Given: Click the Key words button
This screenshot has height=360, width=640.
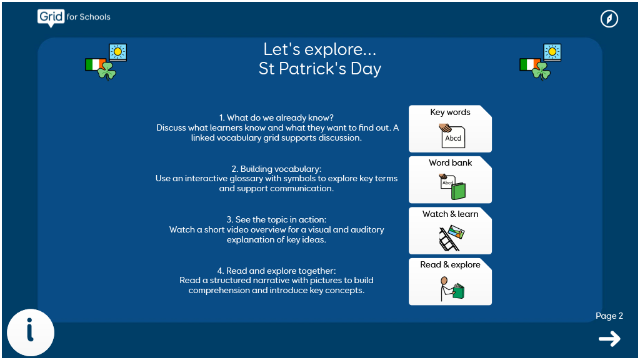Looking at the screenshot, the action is click(x=450, y=129).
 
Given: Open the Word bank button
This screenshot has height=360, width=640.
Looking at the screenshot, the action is click(x=450, y=179).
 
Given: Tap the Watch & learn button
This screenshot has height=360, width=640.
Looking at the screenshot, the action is click(x=450, y=231).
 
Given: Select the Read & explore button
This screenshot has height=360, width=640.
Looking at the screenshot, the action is click(x=450, y=282).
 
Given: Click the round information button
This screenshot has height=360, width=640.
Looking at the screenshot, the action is click(x=31, y=332).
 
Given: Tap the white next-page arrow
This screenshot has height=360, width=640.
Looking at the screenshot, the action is click(x=609, y=339).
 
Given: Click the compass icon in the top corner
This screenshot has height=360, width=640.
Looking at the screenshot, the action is click(x=609, y=19).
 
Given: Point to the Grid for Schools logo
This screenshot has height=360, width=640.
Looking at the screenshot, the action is click(x=74, y=18).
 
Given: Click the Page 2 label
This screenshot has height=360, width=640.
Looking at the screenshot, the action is click(x=609, y=316).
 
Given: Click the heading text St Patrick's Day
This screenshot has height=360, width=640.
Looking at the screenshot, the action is click(x=320, y=69).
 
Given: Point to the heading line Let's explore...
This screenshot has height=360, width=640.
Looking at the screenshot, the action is click(x=320, y=49).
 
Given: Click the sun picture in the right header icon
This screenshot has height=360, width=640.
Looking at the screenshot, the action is click(x=552, y=52).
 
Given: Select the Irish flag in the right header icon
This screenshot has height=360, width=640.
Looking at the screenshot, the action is click(x=529, y=64).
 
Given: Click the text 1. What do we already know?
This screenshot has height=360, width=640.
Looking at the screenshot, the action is click(x=276, y=118).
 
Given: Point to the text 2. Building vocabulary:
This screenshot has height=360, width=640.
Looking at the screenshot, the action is click(x=276, y=169).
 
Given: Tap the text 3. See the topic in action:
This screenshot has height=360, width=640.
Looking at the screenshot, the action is click(x=276, y=219).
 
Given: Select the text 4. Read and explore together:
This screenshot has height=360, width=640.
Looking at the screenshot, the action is click(x=276, y=271).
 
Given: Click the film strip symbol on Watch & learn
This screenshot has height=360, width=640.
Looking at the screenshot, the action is click(x=448, y=239).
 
